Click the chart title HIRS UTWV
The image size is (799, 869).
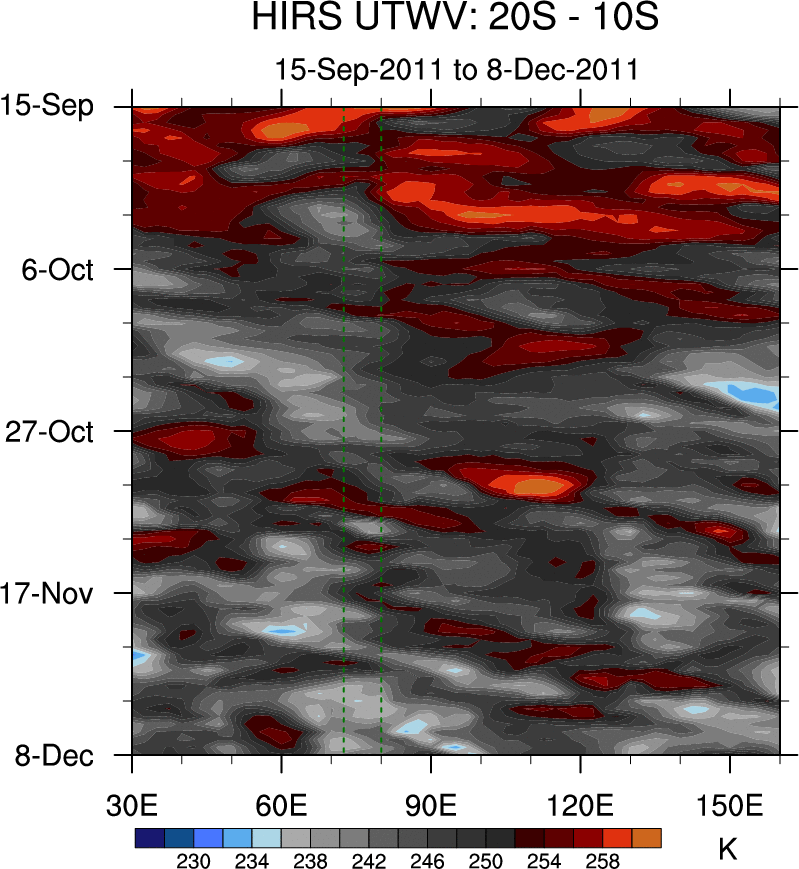point(456,18)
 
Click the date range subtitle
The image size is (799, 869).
point(457,69)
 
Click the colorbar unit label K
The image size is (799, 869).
point(728,850)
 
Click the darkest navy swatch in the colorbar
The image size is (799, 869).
point(149,838)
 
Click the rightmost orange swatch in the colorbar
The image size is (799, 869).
point(646,838)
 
